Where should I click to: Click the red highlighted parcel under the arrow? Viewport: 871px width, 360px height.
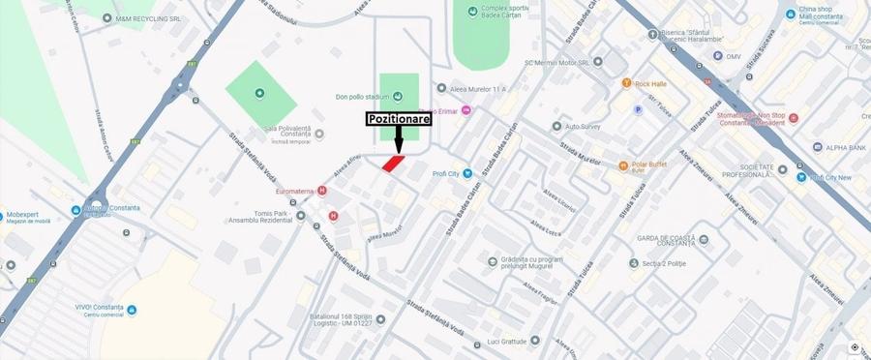pyautogui.click(x=393, y=164)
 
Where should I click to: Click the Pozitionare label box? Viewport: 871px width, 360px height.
pyautogui.click(x=399, y=119)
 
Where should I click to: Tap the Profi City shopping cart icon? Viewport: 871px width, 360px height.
pyautogui.click(x=467, y=174)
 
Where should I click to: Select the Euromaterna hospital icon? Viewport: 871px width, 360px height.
pyautogui.click(x=321, y=191)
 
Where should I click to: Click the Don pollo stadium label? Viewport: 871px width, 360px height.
pyautogui.click(x=361, y=96)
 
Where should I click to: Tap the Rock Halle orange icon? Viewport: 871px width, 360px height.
pyautogui.click(x=627, y=83)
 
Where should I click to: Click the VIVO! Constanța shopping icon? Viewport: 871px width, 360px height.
pyautogui.click(x=132, y=310)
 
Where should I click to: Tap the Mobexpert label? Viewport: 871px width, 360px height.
pyautogui.click(x=28, y=214)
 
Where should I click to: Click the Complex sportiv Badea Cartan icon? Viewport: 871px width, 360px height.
pyautogui.click(x=472, y=12)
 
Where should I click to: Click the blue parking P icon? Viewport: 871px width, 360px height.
pyautogui.click(x=637, y=109)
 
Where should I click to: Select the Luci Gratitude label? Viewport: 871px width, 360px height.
pyautogui.click(x=506, y=341)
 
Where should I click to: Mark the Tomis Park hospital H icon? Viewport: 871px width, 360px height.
pyautogui.click(x=333, y=216)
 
